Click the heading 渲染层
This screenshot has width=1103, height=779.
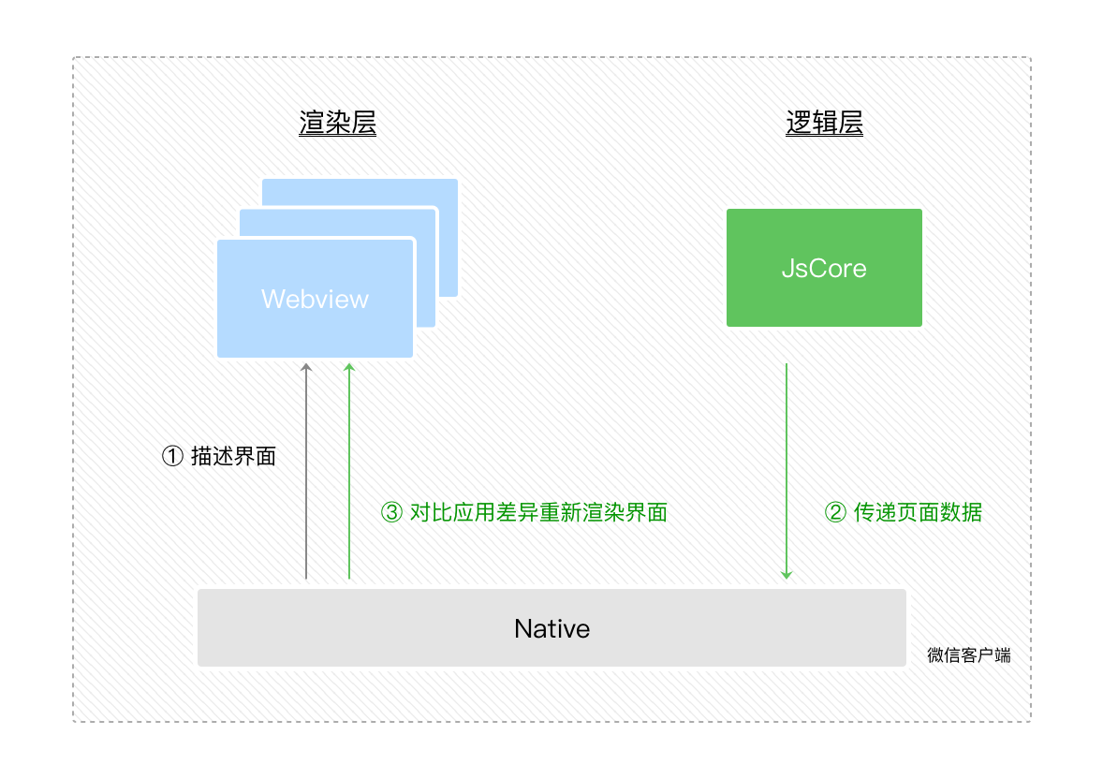(337, 124)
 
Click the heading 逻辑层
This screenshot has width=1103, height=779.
(824, 124)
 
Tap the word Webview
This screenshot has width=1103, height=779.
(315, 299)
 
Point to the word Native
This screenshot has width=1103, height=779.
(551, 628)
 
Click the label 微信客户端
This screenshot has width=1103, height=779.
(968, 655)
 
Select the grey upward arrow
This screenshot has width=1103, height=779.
(306, 468)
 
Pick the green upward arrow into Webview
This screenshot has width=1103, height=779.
(349, 468)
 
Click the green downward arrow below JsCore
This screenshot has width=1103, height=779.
(787, 468)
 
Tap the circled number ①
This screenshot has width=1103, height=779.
(172, 456)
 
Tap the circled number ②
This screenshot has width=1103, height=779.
(835, 512)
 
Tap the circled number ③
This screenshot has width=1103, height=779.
(391, 512)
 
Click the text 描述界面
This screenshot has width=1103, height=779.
(233, 456)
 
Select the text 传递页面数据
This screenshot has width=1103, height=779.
(918, 512)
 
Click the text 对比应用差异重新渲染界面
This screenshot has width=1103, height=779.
(538, 512)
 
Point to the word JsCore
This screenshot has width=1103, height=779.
(824, 269)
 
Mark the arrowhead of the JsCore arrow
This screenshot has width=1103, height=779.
(787, 573)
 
